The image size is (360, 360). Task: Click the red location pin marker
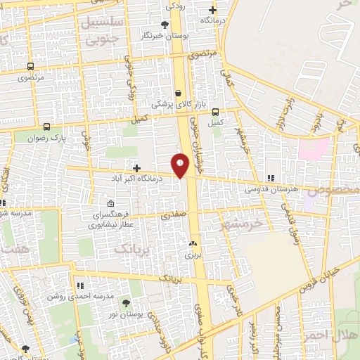tap(181, 165)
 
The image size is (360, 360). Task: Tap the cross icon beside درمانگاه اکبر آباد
tap(136, 169)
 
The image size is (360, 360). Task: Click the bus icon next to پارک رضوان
tap(46, 127)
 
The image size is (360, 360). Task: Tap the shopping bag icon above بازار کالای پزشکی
tap(178, 93)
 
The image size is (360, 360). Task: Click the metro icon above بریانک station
tap(193, 245)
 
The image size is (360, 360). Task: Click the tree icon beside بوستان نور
tap(126, 304)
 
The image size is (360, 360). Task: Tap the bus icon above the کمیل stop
tap(215, 111)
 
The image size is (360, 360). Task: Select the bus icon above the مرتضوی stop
tap(30, 67)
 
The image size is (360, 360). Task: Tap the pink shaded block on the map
tap(314, 149)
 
